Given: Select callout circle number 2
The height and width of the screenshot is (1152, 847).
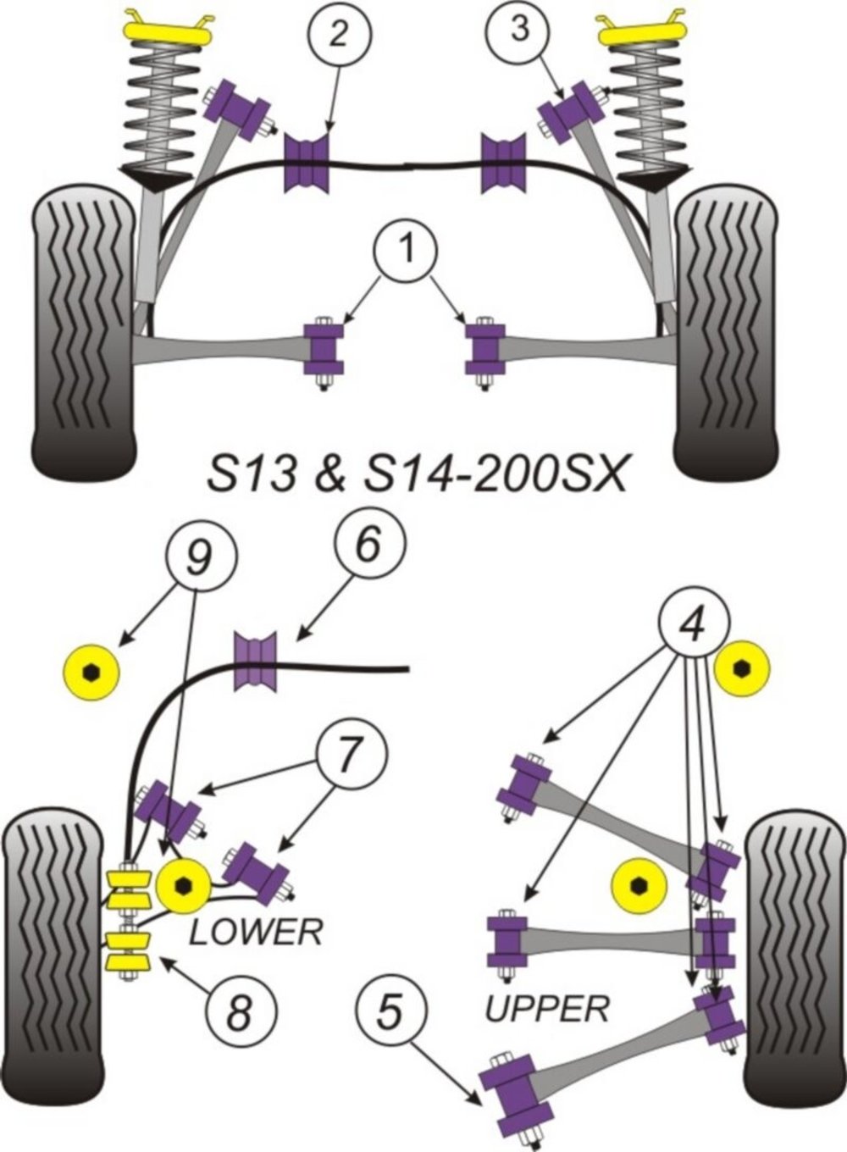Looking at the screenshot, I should (338, 34).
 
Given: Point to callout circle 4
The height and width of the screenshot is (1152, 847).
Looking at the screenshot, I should (694, 626).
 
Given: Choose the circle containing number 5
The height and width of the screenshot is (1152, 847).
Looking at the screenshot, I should (390, 1013).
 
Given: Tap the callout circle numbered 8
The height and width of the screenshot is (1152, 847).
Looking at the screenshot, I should (240, 1012).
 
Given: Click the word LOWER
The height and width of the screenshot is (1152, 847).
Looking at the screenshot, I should (256, 933).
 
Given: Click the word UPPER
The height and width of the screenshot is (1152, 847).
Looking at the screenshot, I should (547, 1008).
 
